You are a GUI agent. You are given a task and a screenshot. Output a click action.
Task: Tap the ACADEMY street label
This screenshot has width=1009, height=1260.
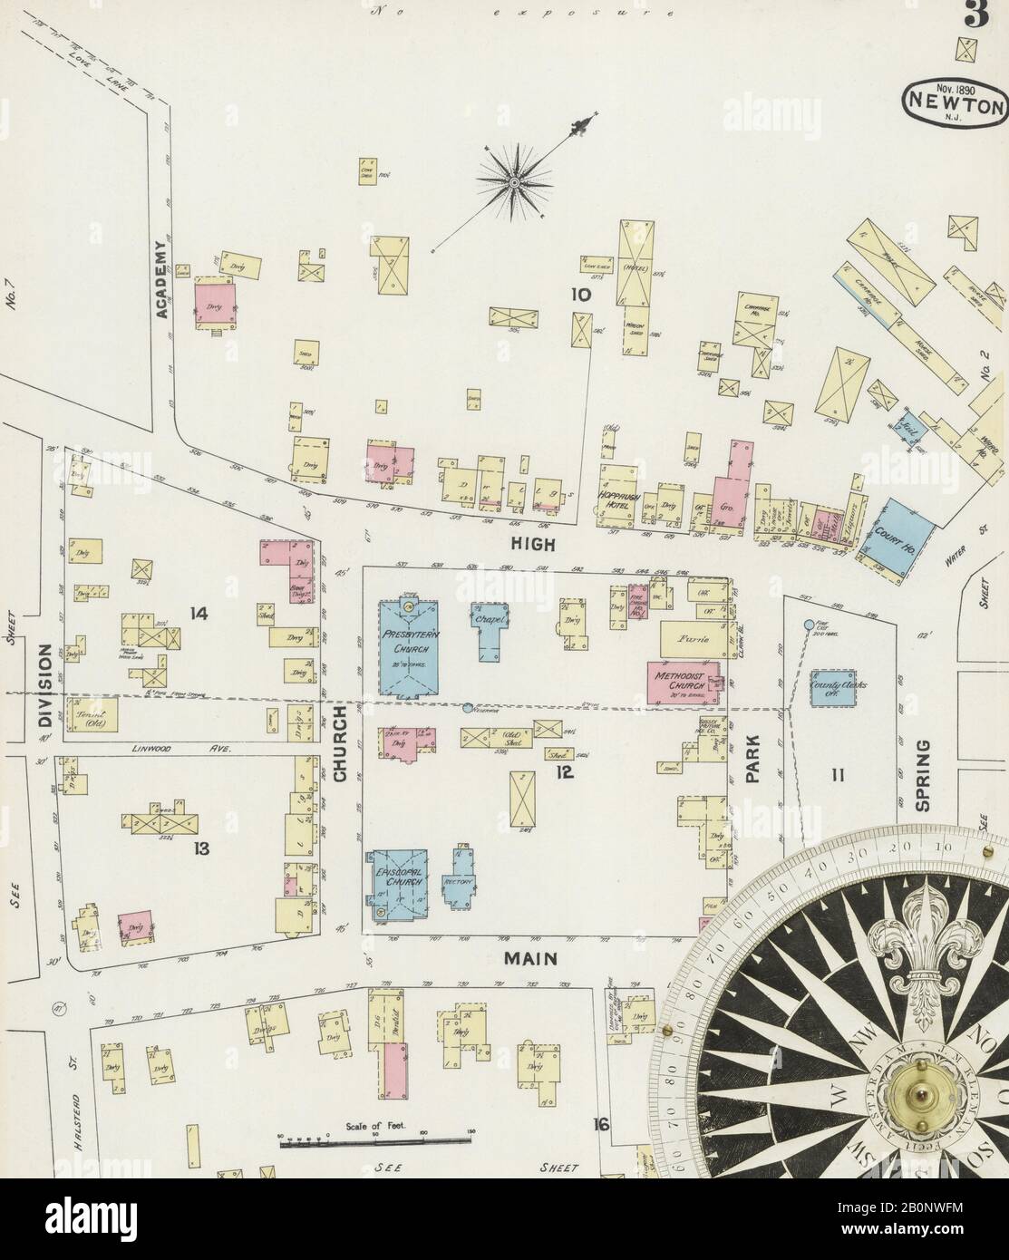click(x=161, y=280)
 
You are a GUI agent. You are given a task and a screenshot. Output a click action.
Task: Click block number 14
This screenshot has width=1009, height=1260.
click(x=199, y=614)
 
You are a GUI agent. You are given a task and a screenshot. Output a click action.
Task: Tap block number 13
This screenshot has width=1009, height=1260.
click(x=201, y=848)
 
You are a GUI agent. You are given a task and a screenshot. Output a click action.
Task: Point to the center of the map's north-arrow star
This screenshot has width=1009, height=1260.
click(x=514, y=183)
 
